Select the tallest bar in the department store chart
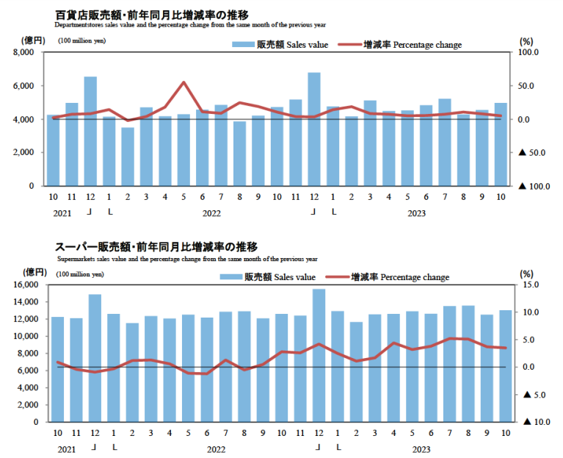(x=314, y=129)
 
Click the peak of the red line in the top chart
(x=184, y=82)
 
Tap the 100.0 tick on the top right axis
(x=529, y=53)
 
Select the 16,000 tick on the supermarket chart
(x=25, y=285)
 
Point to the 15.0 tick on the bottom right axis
(x=531, y=285)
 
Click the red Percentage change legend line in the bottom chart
(x=336, y=277)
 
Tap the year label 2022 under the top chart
(x=211, y=214)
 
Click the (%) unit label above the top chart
(x=526, y=41)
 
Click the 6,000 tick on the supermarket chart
(x=28, y=371)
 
